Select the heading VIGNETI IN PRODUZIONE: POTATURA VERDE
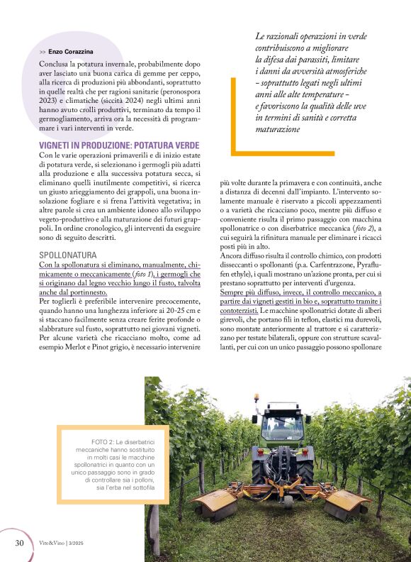(x=119, y=145)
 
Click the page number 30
(x=20, y=543)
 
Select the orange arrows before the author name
(x=43, y=53)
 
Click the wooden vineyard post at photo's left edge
(x=152, y=528)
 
